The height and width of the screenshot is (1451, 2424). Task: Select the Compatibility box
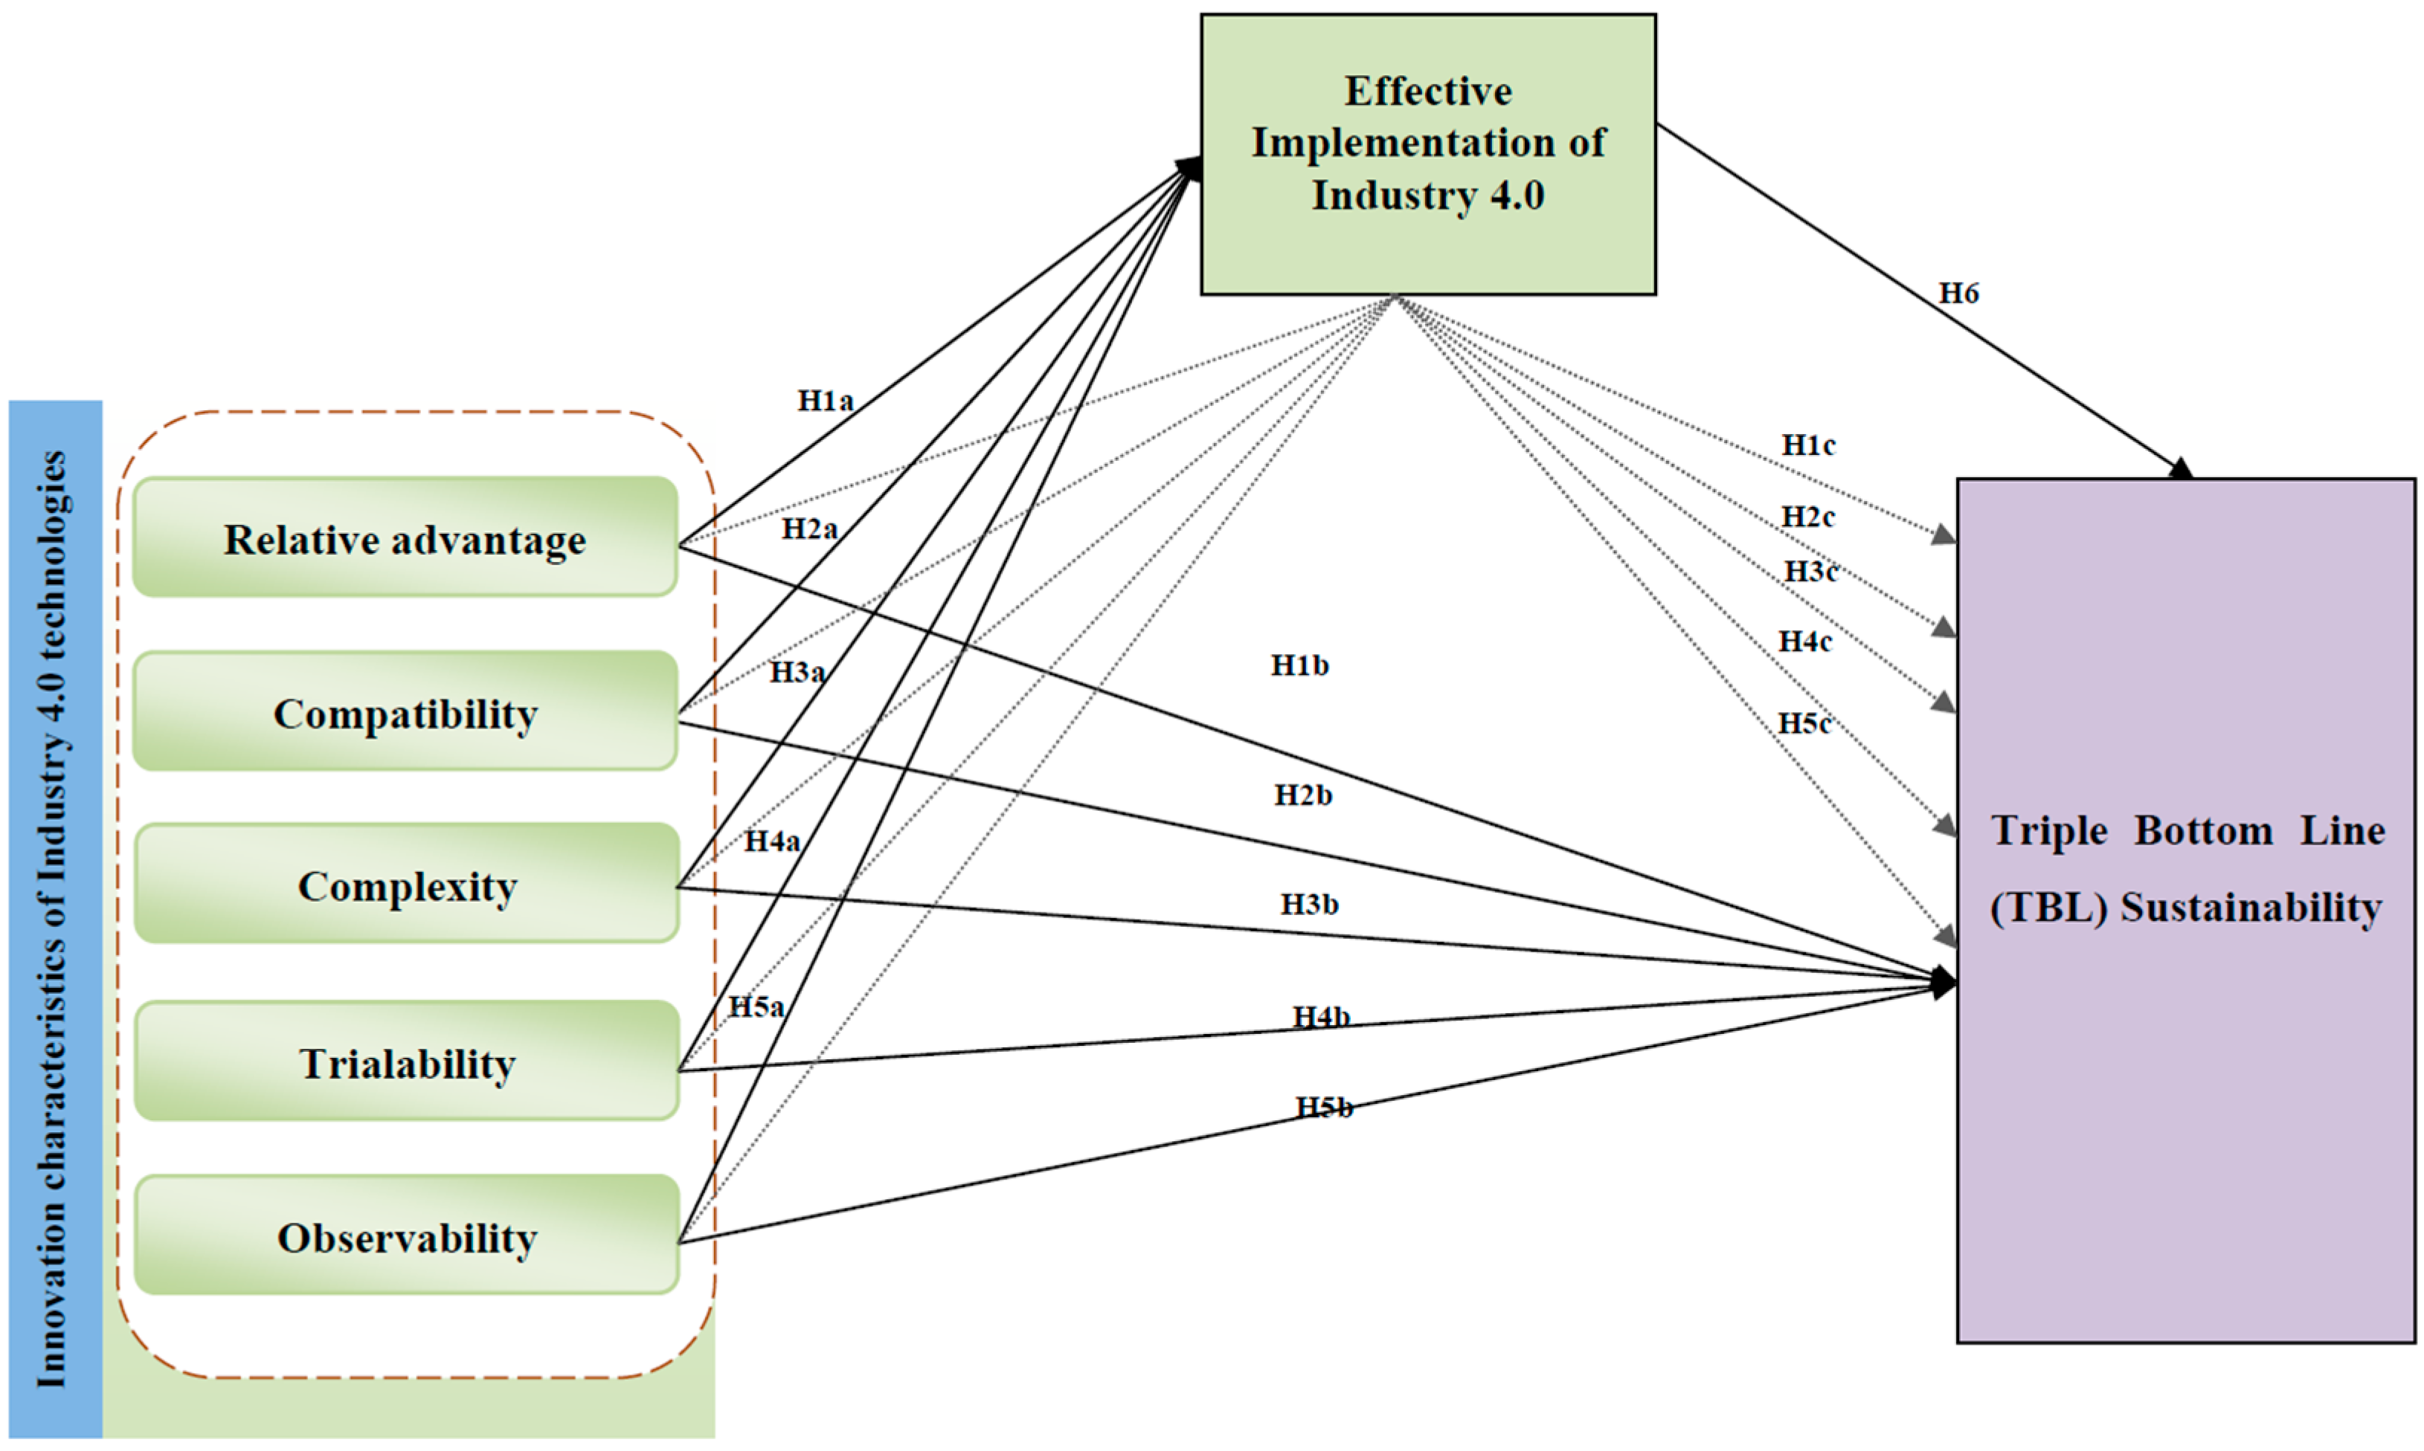click(405, 713)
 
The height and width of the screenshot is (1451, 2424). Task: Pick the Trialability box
click(407, 1063)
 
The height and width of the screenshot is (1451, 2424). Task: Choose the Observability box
click(407, 1237)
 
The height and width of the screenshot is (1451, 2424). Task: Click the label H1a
click(825, 400)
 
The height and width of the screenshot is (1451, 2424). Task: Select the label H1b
click(1299, 666)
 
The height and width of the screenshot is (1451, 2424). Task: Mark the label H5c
click(1803, 723)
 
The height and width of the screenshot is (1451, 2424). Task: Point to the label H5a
click(756, 1006)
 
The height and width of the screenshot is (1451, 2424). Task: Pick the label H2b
click(1302, 795)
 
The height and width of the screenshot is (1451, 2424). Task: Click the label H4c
click(1804, 642)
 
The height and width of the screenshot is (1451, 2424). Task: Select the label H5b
click(1323, 1107)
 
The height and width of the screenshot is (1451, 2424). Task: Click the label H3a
click(797, 672)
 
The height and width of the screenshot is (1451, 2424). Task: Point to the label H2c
click(1807, 517)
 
